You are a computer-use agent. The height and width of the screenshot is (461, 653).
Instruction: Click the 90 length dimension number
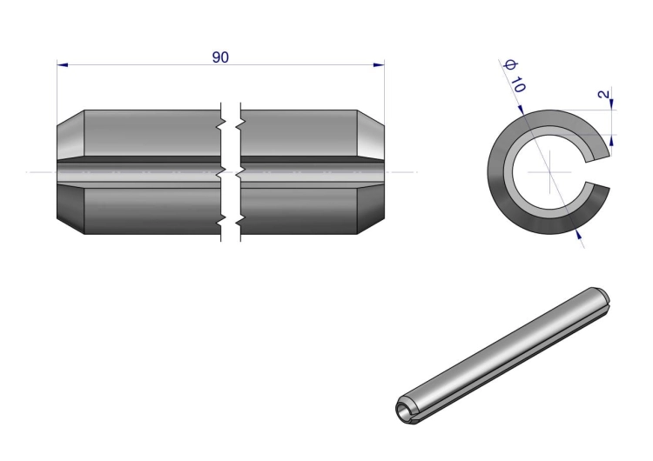220,57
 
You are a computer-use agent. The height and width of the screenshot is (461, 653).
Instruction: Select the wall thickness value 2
603,95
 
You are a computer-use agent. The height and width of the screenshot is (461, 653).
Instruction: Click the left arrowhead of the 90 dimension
63,65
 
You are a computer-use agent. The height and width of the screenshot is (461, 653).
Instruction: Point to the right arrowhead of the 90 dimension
379,65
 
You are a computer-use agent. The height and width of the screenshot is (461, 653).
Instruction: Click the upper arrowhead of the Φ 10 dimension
521,110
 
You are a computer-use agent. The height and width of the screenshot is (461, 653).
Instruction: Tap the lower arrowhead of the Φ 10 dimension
578,234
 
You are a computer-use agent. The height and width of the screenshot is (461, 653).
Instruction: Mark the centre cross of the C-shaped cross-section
549,172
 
